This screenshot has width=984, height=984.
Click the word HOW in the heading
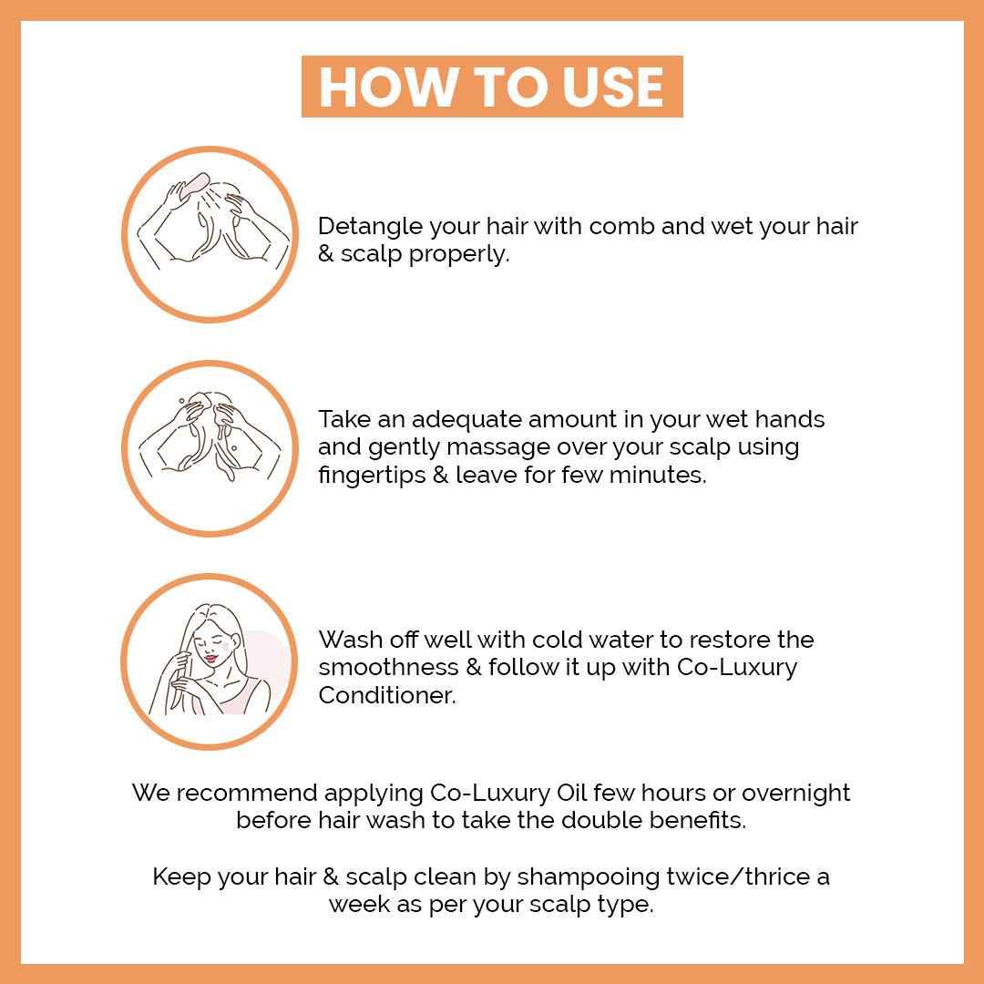(x=387, y=87)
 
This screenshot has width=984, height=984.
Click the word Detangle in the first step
(x=370, y=227)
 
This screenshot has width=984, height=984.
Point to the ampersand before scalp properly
(x=325, y=254)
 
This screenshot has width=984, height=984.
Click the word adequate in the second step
(x=465, y=420)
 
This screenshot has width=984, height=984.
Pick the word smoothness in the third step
(x=388, y=667)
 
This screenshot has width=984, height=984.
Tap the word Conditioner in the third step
(x=387, y=695)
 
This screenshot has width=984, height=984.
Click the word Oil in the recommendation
(x=571, y=793)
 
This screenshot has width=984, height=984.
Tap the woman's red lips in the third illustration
(x=210, y=659)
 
